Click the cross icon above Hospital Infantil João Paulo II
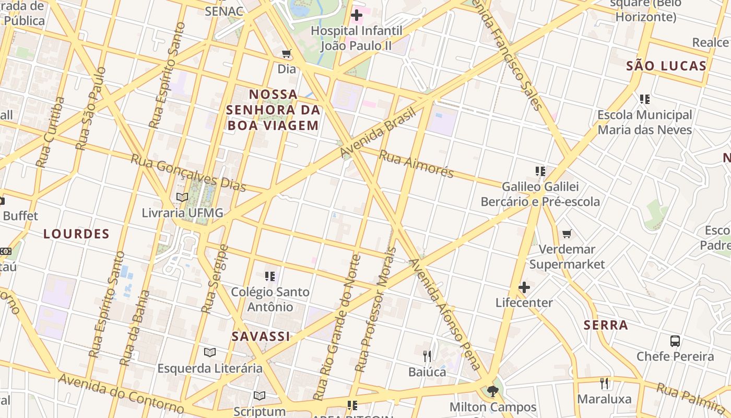[x=357, y=16]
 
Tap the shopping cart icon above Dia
[x=286, y=54]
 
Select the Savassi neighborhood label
[x=261, y=336]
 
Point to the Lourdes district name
[x=76, y=234]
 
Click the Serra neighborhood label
[x=606, y=325]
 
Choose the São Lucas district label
[x=666, y=66]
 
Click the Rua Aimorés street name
[x=416, y=164]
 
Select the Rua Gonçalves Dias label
[x=188, y=172]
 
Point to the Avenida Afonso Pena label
[x=445, y=314]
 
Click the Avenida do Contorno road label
[x=121, y=393]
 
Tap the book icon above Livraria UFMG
[x=182, y=197]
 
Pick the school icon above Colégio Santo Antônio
[x=270, y=276]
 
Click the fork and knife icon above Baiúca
[x=427, y=356]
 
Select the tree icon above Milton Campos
[x=492, y=391]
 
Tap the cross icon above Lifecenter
[x=524, y=287]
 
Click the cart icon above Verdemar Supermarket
[x=567, y=234]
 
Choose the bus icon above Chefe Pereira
[x=675, y=341]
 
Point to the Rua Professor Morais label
[x=376, y=309]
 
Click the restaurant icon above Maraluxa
[x=604, y=384]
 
